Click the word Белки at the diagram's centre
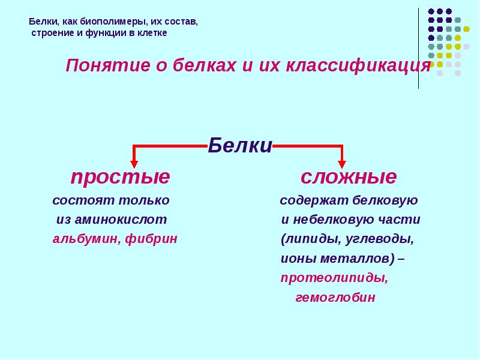240,146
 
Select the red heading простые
120,178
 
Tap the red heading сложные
348,178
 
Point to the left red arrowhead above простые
134,163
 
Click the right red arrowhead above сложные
342,163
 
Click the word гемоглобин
335,298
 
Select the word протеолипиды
334,278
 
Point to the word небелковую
341,220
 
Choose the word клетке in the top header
152,33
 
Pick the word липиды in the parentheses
309,239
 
